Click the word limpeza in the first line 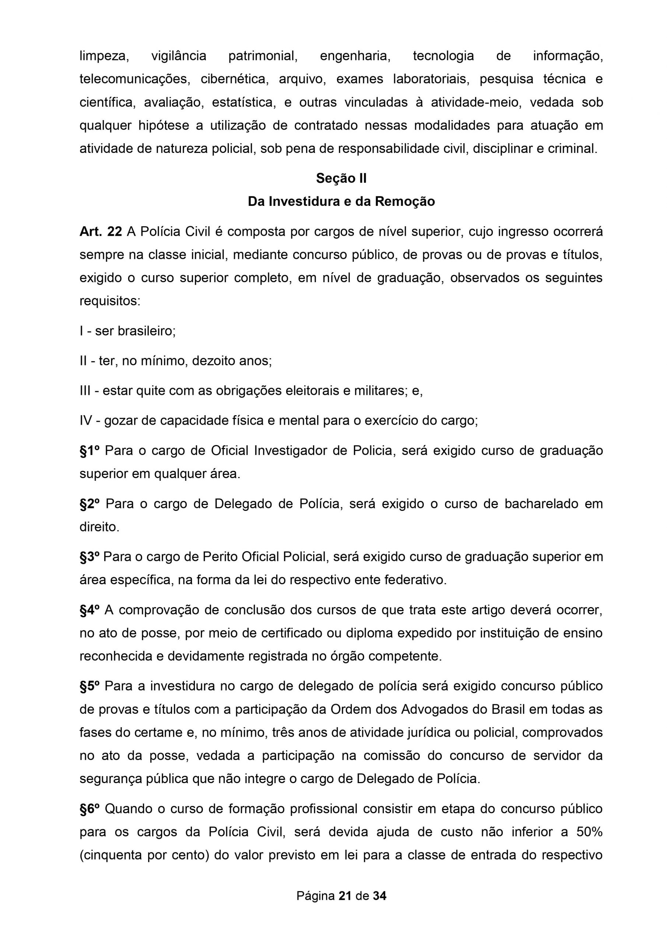click(x=104, y=56)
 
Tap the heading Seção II click(x=341, y=178)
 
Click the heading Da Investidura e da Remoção click(x=341, y=201)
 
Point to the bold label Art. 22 click(x=101, y=232)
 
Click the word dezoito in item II click(x=214, y=361)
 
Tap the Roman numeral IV click(x=86, y=421)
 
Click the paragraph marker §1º click(x=89, y=451)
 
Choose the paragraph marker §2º click(x=90, y=504)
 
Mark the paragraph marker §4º click(x=89, y=610)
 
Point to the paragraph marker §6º click(x=89, y=809)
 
